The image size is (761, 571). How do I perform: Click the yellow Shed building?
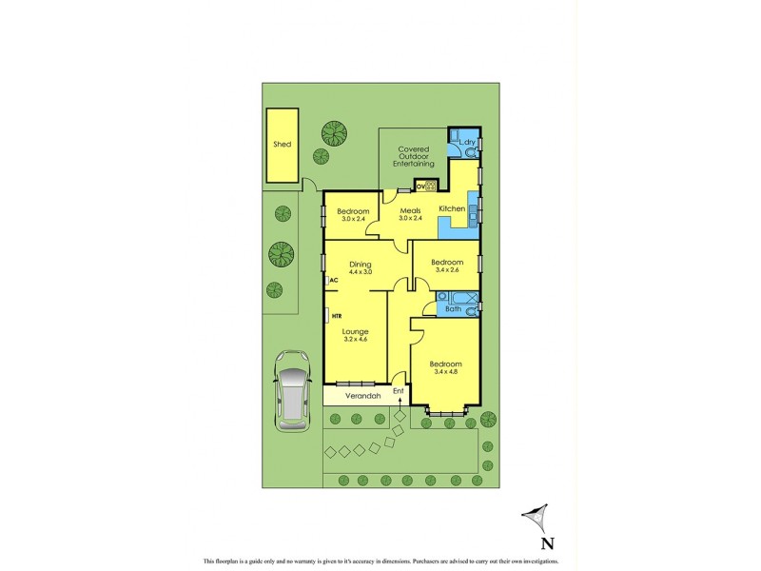click(282, 146)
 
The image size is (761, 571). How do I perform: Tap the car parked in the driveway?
click(292, 388)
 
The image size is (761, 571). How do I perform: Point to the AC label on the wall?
click(334, 281)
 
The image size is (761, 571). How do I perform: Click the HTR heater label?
click(337, 315)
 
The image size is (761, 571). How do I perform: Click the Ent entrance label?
click(399, 391)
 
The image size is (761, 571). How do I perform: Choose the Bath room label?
click(454, 308)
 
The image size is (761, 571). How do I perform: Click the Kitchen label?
click(451, 207)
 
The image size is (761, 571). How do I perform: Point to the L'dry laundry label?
click(466, 143)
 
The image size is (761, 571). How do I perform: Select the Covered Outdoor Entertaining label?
click(414, 156)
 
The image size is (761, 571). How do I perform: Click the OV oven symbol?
click(420, 186)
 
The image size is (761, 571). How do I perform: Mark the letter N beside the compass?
click(547, 544)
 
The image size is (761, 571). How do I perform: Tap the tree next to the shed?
click(334, 131)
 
